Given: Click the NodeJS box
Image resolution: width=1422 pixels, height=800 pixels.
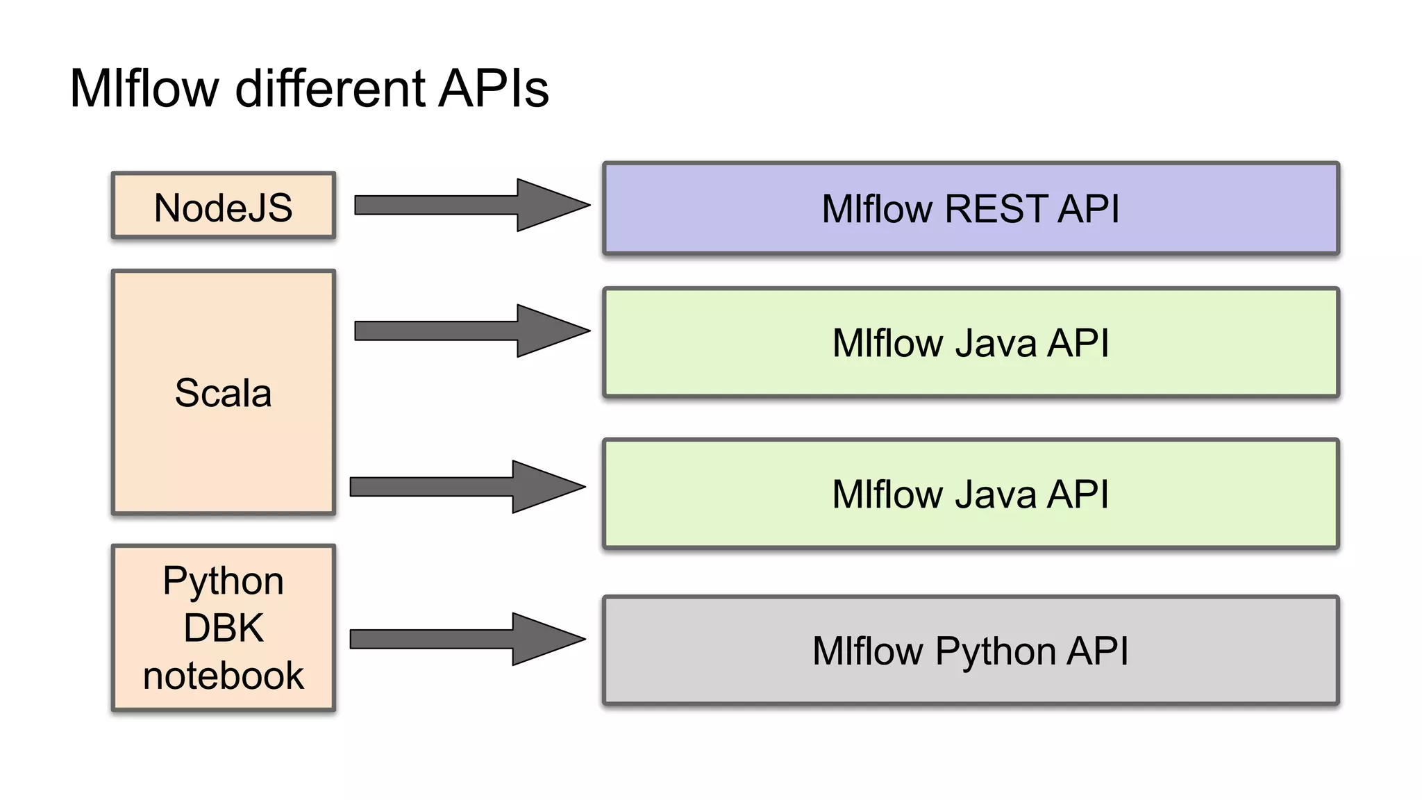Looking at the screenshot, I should pos(223,206).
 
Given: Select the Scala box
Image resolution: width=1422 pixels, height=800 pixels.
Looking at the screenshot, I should pos(223,392).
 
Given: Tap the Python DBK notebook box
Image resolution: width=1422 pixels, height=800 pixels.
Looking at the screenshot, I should pos(223,628).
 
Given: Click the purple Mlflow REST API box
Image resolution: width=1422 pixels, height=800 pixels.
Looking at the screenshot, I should pos(970,208).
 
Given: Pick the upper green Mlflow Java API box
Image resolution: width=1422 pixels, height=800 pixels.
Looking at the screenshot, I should pos(970,342).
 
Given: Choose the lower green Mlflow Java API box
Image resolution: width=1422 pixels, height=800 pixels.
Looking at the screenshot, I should pos(970,494).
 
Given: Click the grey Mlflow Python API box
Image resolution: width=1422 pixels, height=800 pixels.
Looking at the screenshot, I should pos(970,651).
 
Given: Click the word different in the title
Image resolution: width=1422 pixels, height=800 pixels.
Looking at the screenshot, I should pos(330,88).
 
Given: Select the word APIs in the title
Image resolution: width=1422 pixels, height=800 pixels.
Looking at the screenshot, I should pos(493,88).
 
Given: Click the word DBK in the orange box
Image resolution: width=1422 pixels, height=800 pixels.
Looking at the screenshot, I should pos(223,628).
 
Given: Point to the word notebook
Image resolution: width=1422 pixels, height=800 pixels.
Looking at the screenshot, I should pos(223,675).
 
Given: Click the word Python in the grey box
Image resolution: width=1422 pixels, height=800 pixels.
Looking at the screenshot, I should pos(995,652).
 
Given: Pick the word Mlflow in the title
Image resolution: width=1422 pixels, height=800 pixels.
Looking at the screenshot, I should pos(144,88).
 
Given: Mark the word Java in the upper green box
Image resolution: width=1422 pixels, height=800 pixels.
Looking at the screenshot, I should pos(996,343).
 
